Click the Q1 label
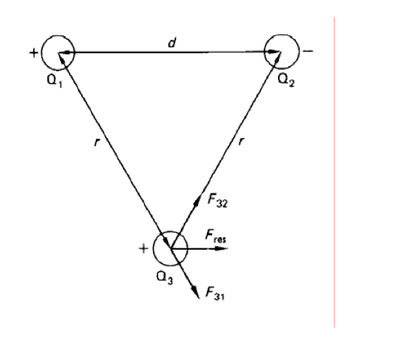click(x=55, y=80)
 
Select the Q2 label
click(x=286, y=80)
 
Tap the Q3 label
click(x=164, y=277)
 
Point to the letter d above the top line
click(x=172, y=43)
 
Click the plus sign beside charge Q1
click(x=34, y=52)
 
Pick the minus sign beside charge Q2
click(x=308, y=51)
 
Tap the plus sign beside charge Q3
click(x=143, y=249)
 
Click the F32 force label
click(x=217, y=200)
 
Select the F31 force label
click(x=215, y=293)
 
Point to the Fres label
click(x=216, y=236)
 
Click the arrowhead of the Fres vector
click(x=221, y=249)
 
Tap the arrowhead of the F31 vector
click(x=196, y=292)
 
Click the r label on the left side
click(x=97, y=142)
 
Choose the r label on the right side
click(x=241, y=142)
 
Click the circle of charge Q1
click(x=41, y=52)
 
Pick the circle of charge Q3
click(x=153, y=249)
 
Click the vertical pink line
click(x=334, y=172)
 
